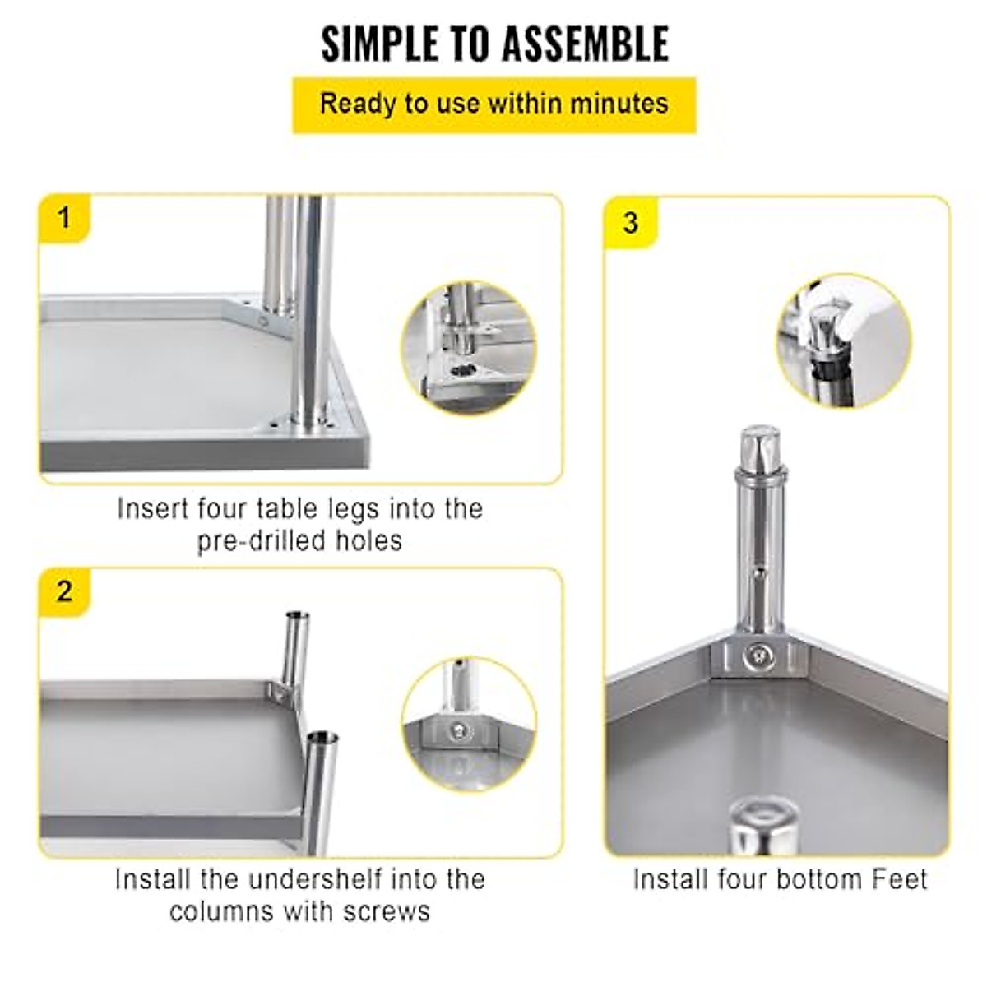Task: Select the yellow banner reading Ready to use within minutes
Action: pyautogui.click(x=494, y=104)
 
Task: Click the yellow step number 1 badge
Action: pyautogui.click(x=64, y=219)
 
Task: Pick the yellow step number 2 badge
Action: pyautogui.click(x=64, y=591)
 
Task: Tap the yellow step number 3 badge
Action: pyautogui.click(x=631, y=222)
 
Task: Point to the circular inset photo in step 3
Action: pyautogui.click(x=843, y=340)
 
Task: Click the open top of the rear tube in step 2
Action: pyautogui.click(x=295, y=616)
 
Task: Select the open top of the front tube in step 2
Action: pyautogui.click(x=322, y=735)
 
